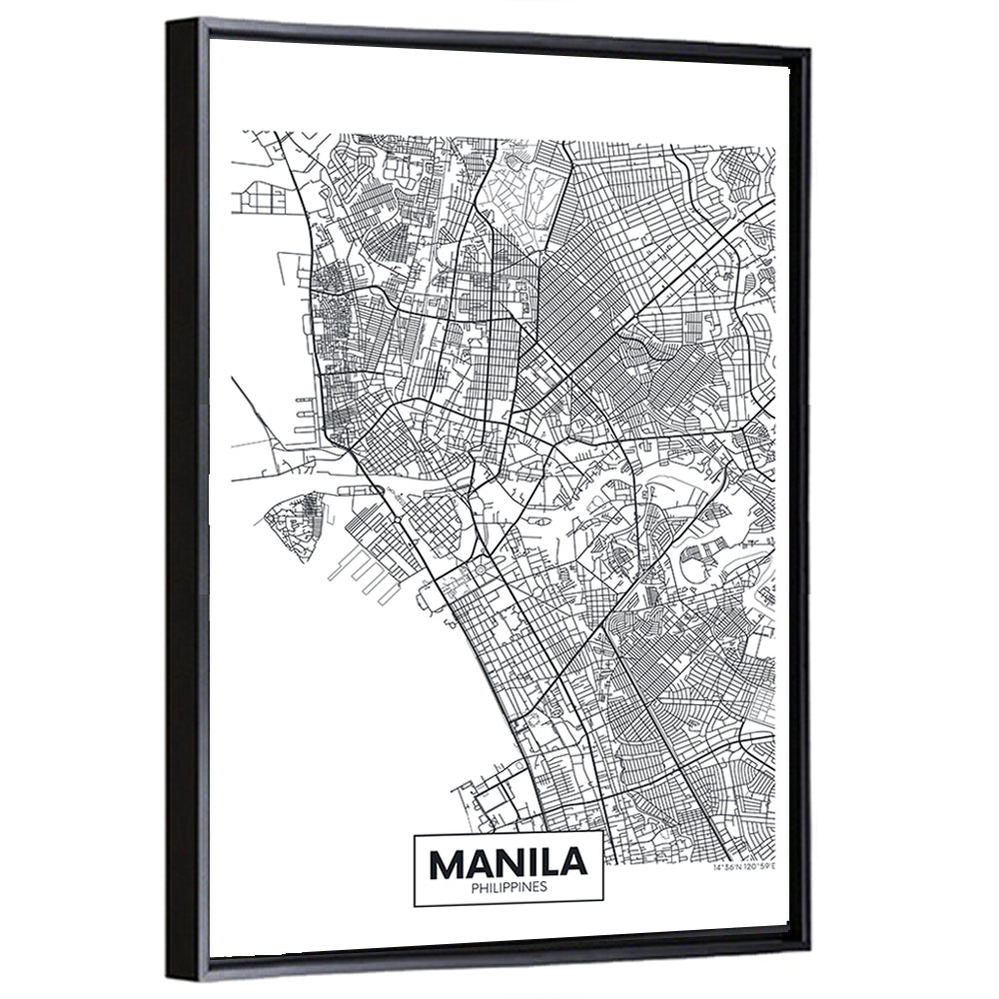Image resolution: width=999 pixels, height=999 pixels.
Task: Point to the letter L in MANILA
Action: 556,860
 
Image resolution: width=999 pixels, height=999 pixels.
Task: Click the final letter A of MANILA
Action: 581,860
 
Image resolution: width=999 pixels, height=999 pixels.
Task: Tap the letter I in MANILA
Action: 534,860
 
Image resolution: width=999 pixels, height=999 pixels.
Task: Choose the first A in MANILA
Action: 476,860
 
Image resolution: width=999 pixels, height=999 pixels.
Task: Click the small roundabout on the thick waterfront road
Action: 398,521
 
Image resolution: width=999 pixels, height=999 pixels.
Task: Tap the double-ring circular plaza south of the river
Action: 480,568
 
